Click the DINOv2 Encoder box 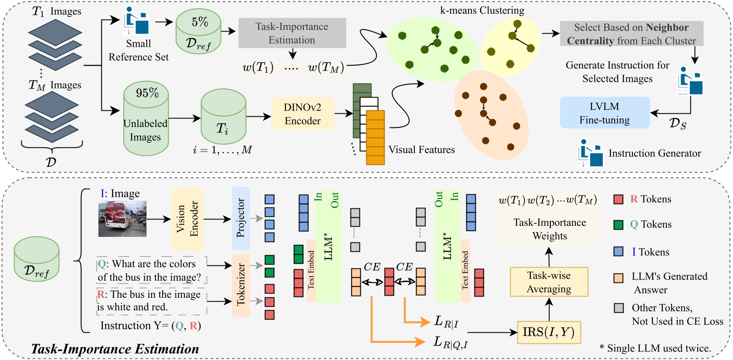303,114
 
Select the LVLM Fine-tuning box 604,113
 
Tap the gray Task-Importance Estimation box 292,33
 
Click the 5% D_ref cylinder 198,32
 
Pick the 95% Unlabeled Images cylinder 146,119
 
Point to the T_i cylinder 223,117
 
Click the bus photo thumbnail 122,219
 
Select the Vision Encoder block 187,219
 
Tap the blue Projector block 241,218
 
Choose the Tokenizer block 241,285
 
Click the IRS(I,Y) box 549,332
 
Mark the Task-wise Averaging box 549,282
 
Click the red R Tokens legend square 618,199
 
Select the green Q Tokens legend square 618,225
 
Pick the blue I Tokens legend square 618,252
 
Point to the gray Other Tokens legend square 618,308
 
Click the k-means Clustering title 482,10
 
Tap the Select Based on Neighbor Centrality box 631,34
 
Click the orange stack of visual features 375,137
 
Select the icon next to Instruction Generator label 590,153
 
